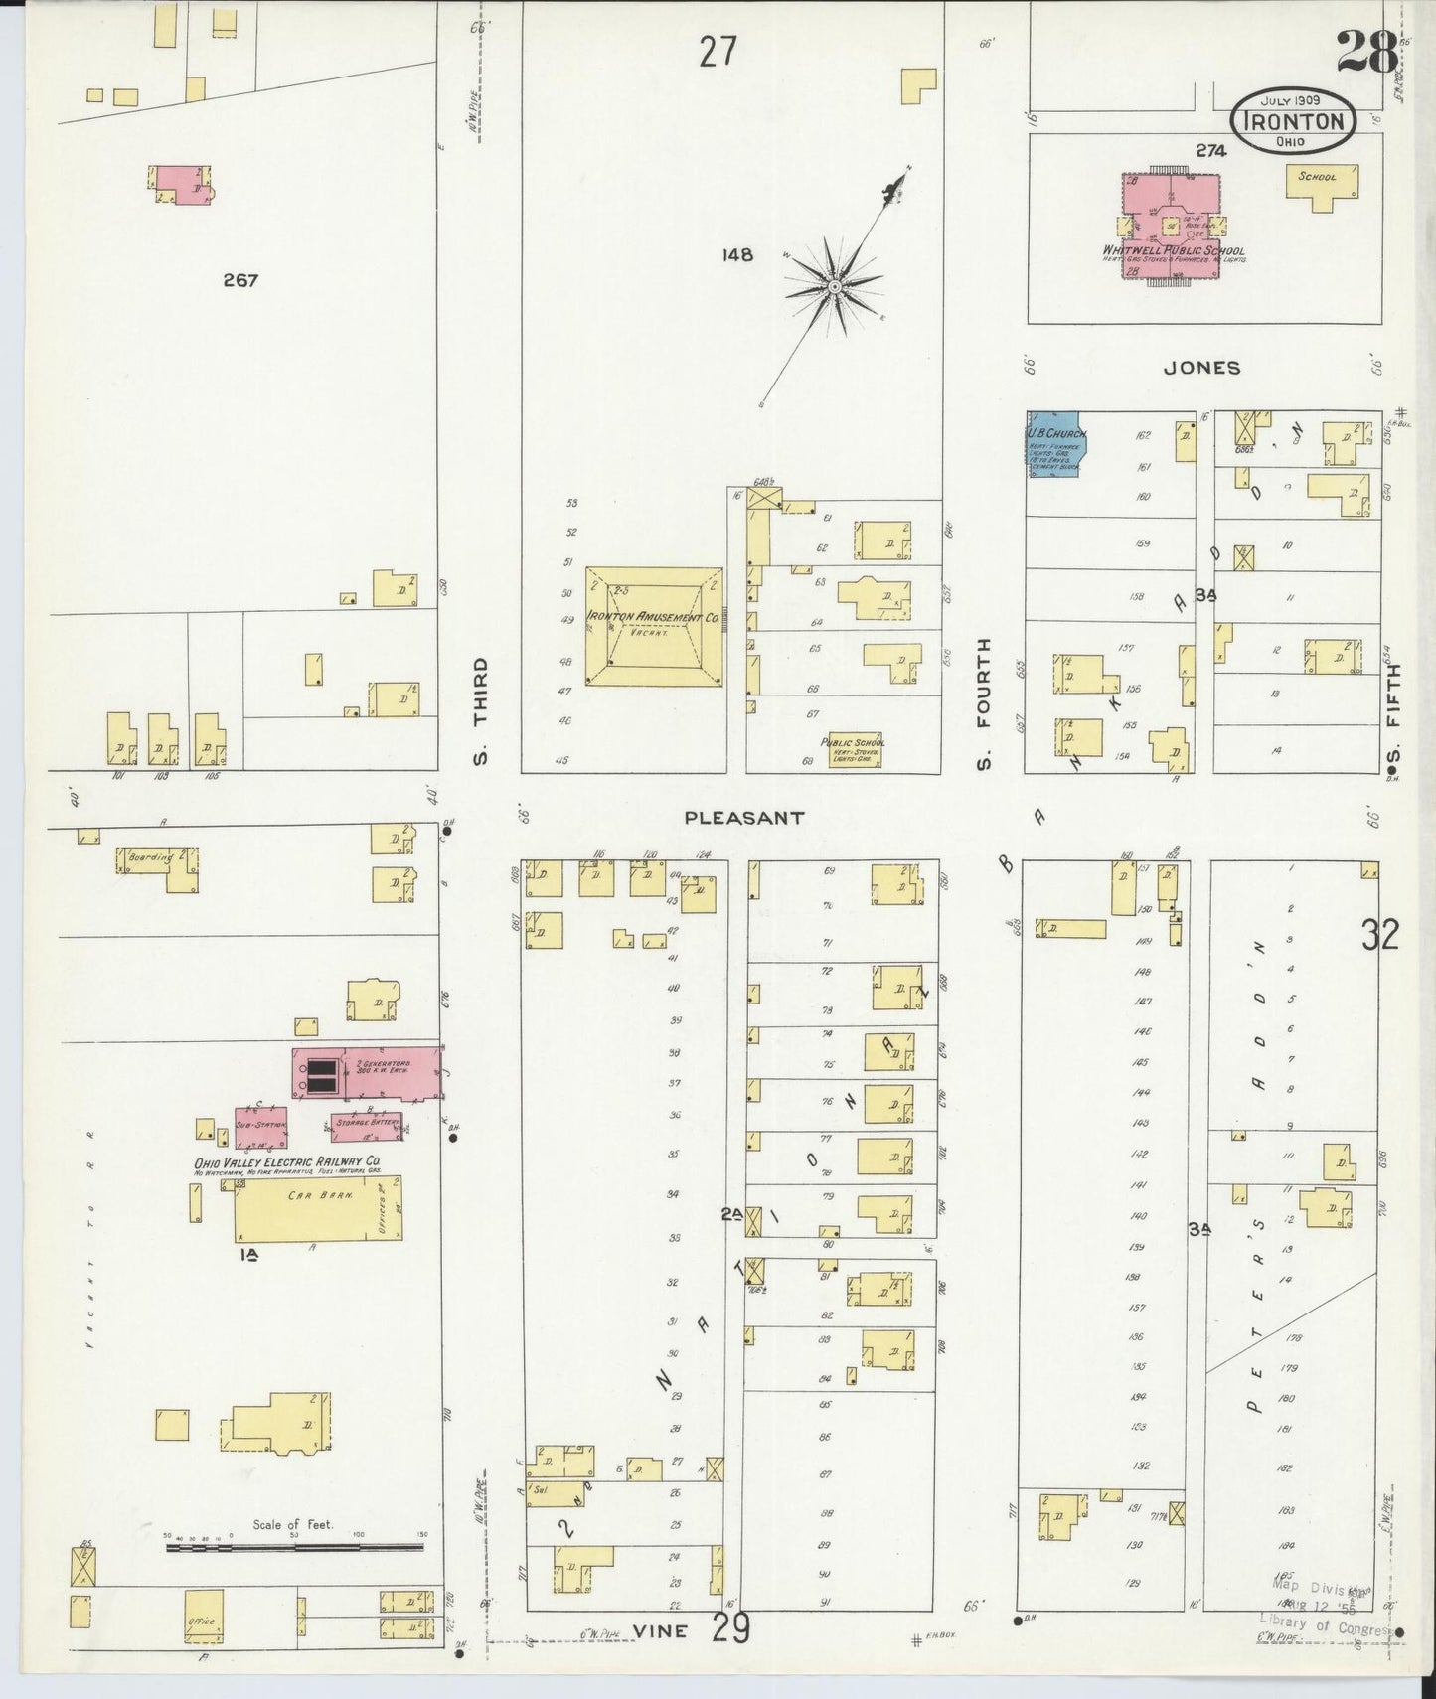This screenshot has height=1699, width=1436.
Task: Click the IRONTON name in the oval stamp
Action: (1293, 122)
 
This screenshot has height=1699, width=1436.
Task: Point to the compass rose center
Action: (835, 287)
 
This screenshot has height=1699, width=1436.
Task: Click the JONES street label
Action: (1202, 367)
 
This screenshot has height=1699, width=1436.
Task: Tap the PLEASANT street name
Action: (743, 818)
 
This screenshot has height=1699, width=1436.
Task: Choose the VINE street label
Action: (660, 1630)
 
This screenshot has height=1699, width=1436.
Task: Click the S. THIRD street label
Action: (481, 710)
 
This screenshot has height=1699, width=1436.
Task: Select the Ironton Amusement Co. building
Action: (653, 626)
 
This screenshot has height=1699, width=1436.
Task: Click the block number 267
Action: (240, 280)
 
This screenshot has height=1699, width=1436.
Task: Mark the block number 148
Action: (738, 255)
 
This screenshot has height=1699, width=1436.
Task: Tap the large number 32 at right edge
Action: (1379, 935)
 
